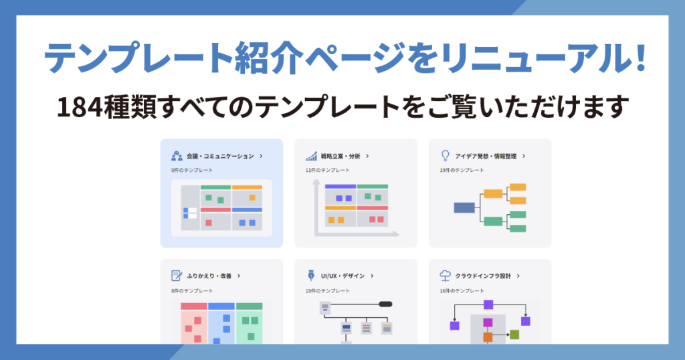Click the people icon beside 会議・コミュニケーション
coord(177,156)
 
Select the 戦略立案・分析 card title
coord(340,156)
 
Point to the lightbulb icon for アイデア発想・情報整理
coord(445,155)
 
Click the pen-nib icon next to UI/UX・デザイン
coord(311,275)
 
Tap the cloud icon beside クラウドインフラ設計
coord(445,275)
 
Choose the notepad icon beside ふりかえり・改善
coord(177,275)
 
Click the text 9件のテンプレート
coord(192,171)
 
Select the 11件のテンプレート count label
coord(328,171)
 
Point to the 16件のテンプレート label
coord(462,290)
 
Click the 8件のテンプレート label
coord(192,290)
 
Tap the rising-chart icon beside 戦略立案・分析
coord(311,156)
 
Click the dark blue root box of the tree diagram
coord(464,207)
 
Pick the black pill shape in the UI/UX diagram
coord(385,304)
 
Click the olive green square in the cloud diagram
coord(514,334)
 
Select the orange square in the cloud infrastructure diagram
coord(488,337)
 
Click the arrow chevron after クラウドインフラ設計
coord(518,275)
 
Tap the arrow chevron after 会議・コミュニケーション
coord(260,156)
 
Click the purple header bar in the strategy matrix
coord(340,187)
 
